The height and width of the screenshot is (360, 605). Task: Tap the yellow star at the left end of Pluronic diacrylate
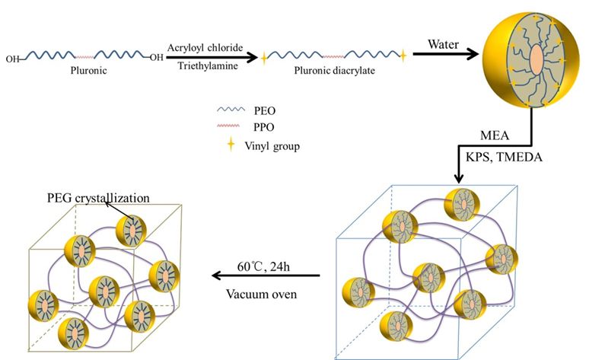pos(264,56)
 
